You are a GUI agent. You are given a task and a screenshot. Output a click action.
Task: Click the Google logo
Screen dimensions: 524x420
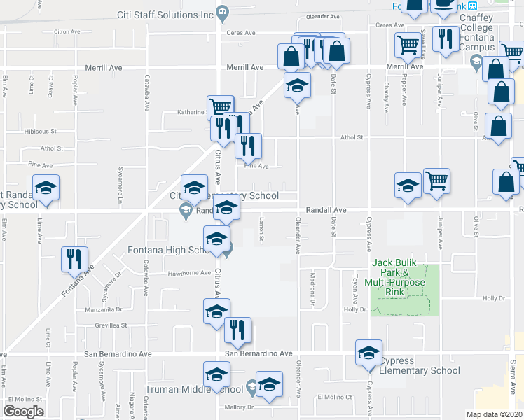[23, 411]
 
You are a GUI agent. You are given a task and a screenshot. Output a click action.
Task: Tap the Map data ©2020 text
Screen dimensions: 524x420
[494, 414]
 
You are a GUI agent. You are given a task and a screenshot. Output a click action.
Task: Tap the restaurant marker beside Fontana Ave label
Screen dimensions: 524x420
[71, 260]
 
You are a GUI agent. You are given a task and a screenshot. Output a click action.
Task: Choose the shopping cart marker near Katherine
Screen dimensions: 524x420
[219, 107]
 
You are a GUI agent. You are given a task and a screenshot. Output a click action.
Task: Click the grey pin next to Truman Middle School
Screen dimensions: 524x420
[251, 387]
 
